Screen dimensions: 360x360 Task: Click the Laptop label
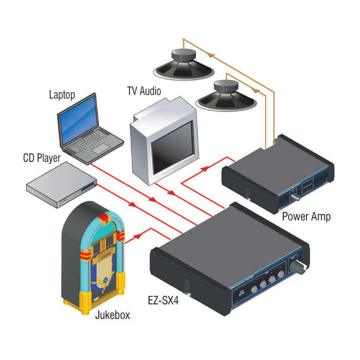(63, 95)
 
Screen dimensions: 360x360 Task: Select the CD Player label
(42, 158)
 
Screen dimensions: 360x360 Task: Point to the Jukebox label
(112, 315)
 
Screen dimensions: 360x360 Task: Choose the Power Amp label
(306, 217)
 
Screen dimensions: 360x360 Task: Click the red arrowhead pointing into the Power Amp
(203, 168)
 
